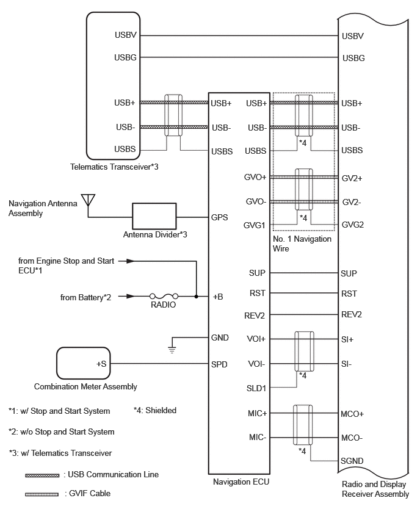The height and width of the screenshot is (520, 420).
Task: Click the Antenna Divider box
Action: tap(154, 216)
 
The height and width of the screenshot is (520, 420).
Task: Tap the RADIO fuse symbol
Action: tap(164, 296)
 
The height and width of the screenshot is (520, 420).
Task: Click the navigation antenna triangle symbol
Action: tap(88, 200)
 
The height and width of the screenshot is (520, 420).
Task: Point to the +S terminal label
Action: tap(101, 364)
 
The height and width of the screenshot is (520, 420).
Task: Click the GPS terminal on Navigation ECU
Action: tap(220, 217)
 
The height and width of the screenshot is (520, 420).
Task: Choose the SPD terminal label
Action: tap(219, 364)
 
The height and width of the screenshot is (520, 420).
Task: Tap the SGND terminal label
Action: tap(352, 461)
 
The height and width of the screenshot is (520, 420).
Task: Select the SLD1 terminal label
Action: tap(256, 388)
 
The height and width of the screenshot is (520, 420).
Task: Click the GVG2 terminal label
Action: tap(353, 225)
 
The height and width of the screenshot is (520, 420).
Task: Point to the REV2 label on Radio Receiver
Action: tap(352, 314)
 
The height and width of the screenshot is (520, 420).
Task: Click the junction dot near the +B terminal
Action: tap(197, 296)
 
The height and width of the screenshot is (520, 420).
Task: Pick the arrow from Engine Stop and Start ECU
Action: tap(127, 261)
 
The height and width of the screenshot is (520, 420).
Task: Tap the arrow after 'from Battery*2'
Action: tap(127, 296)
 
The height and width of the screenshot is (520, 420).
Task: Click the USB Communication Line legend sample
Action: tap(42, 475)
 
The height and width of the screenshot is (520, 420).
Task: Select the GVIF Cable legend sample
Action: tap(42, 494)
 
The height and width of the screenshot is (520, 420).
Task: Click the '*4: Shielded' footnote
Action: tap(154, 410)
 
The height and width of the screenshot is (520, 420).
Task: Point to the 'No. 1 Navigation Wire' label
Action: tap(302, 244)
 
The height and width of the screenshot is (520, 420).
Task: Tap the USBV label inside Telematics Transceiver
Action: tap(125, 35)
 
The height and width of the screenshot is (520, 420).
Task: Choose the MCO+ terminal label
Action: tap(352, 414)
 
